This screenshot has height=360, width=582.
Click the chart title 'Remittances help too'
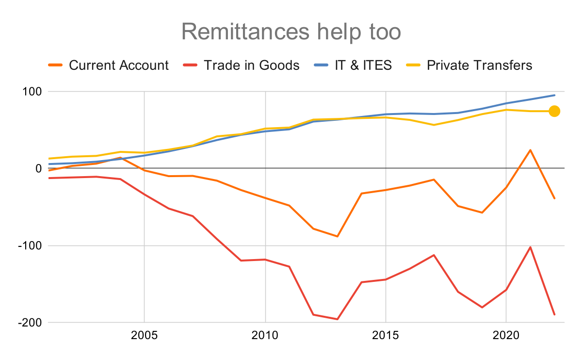[291, 32]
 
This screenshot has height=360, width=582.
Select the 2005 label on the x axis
[144, 336]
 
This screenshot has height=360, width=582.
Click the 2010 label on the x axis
[265, 336]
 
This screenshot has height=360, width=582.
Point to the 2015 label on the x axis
[386, 336]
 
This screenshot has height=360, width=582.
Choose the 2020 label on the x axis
[506, 336]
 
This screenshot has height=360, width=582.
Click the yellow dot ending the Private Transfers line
[554, 111]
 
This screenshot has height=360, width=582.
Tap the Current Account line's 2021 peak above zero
[530, 150]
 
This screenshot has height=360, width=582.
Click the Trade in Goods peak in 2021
[530, 247]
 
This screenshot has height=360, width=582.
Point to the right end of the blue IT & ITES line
[554, 95]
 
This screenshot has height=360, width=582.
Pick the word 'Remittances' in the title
[244, 32]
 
